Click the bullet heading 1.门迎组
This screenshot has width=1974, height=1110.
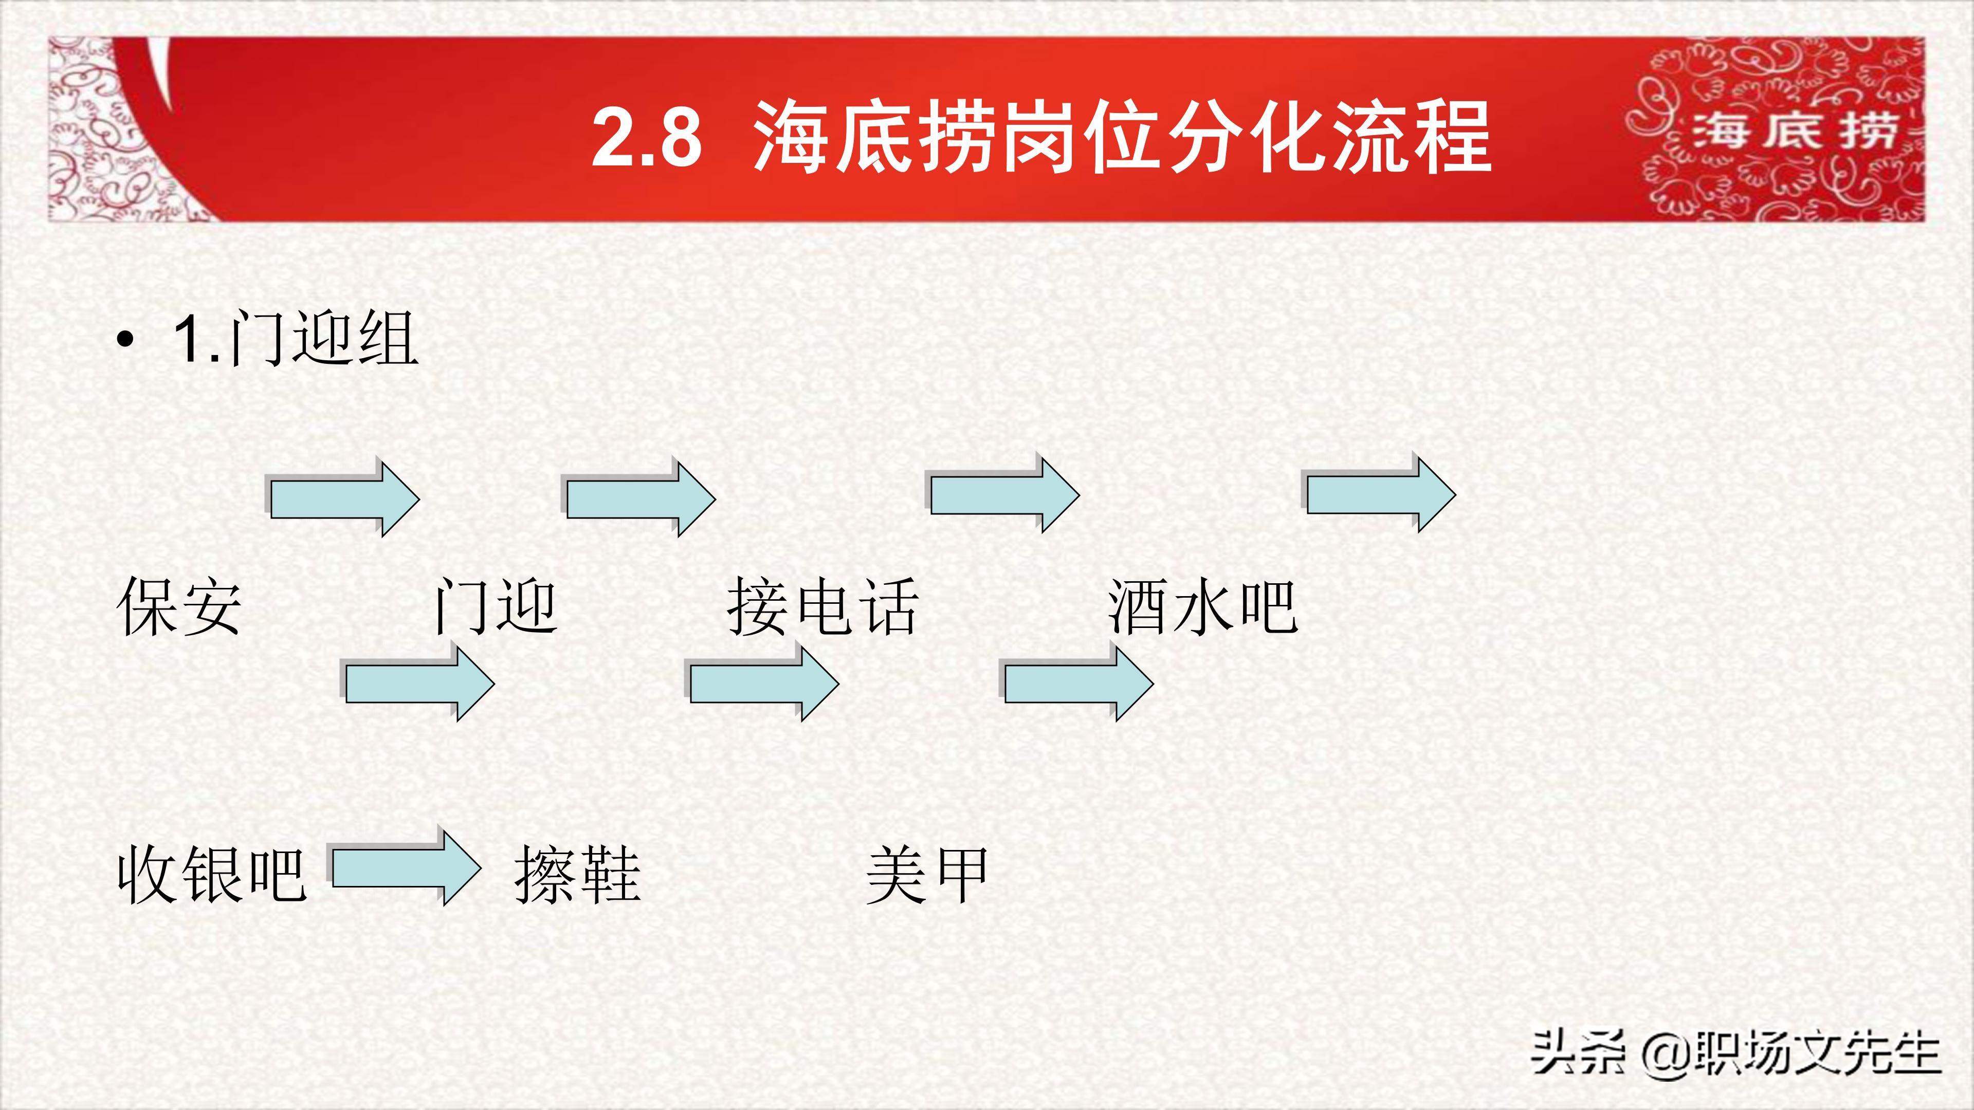point(296,338)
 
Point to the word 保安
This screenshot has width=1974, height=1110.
point(179,607)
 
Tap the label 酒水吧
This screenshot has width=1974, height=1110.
point(1201,607)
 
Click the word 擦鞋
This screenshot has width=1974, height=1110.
point(577,875)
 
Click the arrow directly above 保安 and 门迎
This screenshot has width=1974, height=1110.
point(344,497)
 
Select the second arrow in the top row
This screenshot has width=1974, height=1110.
point(640,497)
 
